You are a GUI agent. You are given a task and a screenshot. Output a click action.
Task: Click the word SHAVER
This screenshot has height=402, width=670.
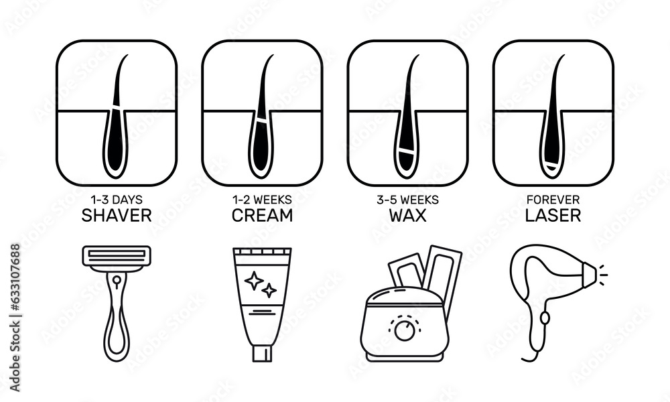tap(117, 216)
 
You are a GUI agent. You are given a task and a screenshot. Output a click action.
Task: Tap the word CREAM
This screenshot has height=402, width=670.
tap(262, 216)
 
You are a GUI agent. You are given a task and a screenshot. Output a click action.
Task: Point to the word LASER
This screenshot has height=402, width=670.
tap(553, 216)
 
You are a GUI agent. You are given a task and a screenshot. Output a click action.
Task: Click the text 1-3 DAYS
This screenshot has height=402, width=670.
tap(117, 200)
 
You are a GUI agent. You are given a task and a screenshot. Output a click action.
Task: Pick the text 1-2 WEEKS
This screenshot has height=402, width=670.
tap(262, 200)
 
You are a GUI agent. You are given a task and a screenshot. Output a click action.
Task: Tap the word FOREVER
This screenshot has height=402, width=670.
tap(553, 200)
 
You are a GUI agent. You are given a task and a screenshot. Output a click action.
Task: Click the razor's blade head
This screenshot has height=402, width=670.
tap(117, 255)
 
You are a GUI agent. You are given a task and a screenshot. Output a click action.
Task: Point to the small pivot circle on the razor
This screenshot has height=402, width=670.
tap(117, 278)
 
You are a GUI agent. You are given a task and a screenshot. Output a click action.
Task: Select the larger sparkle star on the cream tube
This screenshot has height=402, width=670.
tap(253, 281)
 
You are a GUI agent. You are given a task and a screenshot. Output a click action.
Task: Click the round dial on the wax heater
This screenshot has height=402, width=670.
tap(404, 330)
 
